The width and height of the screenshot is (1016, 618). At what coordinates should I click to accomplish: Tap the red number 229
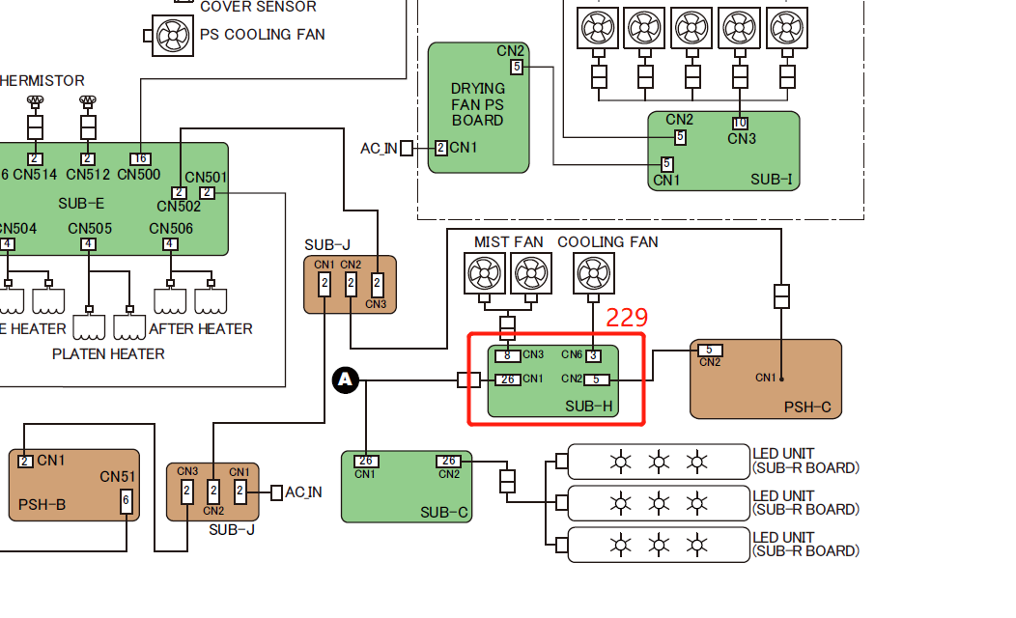(626, 317)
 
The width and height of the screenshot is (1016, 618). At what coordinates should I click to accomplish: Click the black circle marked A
(346, 381)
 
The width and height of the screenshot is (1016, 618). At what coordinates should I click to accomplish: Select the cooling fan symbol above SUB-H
(593, 273)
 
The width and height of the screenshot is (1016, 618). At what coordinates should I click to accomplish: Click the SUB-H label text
(589, 407)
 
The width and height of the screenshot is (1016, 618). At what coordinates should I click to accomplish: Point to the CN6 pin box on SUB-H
(594, 355)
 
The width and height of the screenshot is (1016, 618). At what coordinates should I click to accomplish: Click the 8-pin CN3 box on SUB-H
(509, 355)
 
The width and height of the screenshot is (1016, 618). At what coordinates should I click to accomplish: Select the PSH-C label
(806, 407)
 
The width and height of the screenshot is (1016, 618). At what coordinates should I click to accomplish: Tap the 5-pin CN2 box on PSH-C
(709, 350)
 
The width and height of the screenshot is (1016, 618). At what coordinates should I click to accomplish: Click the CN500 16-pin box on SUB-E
(140, 158)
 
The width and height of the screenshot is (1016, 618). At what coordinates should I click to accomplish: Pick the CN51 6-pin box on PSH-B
(126, 501)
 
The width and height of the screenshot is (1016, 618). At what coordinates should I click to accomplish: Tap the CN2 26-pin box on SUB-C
(448, 461)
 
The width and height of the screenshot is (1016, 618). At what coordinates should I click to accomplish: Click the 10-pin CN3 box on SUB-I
(740, 123)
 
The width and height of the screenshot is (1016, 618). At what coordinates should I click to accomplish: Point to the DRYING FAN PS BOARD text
(477, 104)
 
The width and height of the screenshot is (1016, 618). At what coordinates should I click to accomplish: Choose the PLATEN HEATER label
(108, 354)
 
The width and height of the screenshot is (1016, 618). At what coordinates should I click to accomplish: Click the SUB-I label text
(771, 180)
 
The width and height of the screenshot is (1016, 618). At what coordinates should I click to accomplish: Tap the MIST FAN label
(508, 241)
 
